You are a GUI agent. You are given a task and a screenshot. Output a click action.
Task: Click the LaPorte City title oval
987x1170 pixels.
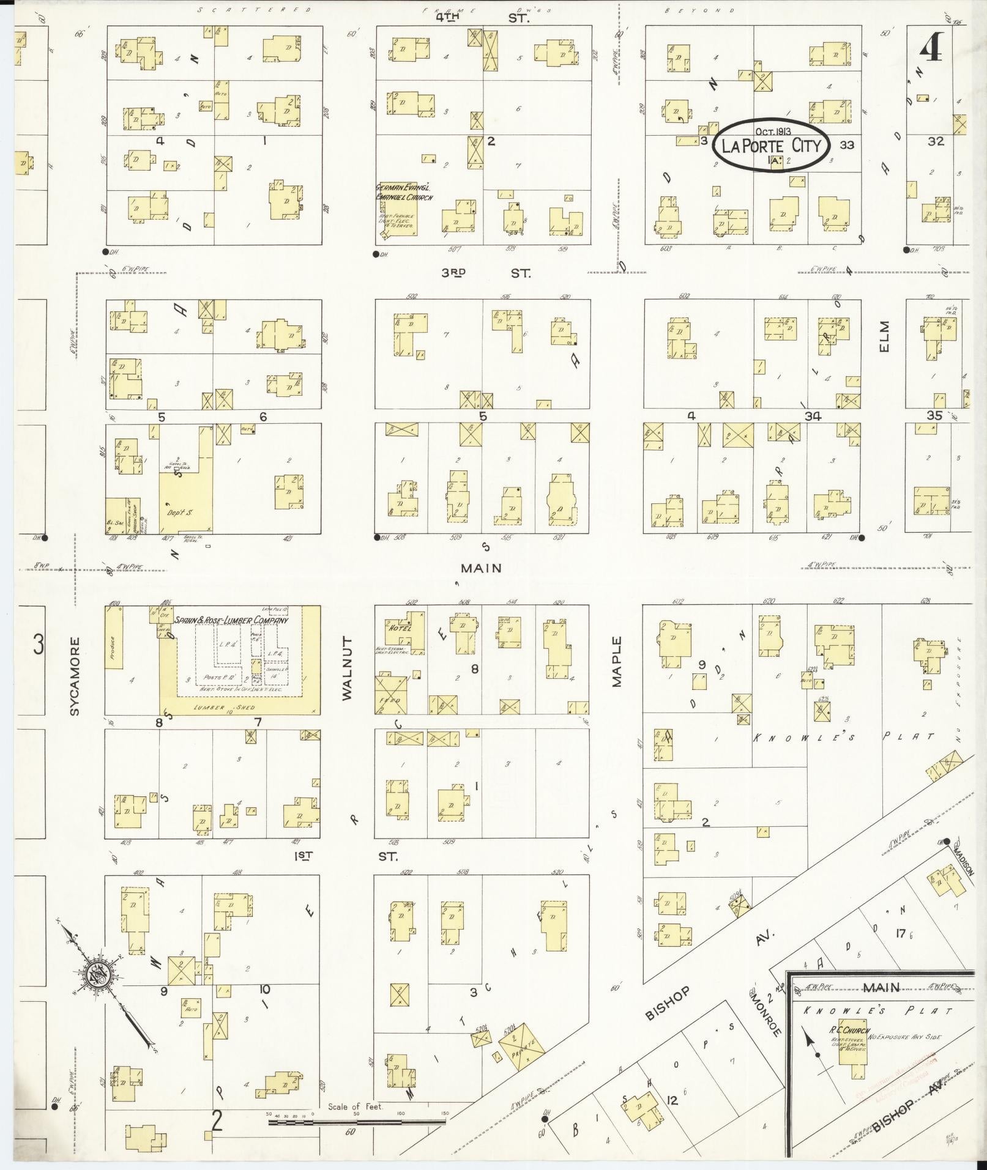773,146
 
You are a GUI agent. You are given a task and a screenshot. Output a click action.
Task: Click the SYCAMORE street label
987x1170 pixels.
74,676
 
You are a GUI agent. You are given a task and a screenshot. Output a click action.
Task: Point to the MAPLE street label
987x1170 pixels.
616,662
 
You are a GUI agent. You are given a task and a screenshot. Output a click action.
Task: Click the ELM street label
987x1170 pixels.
883,337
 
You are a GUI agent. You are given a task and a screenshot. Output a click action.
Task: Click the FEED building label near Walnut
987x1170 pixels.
391,700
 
